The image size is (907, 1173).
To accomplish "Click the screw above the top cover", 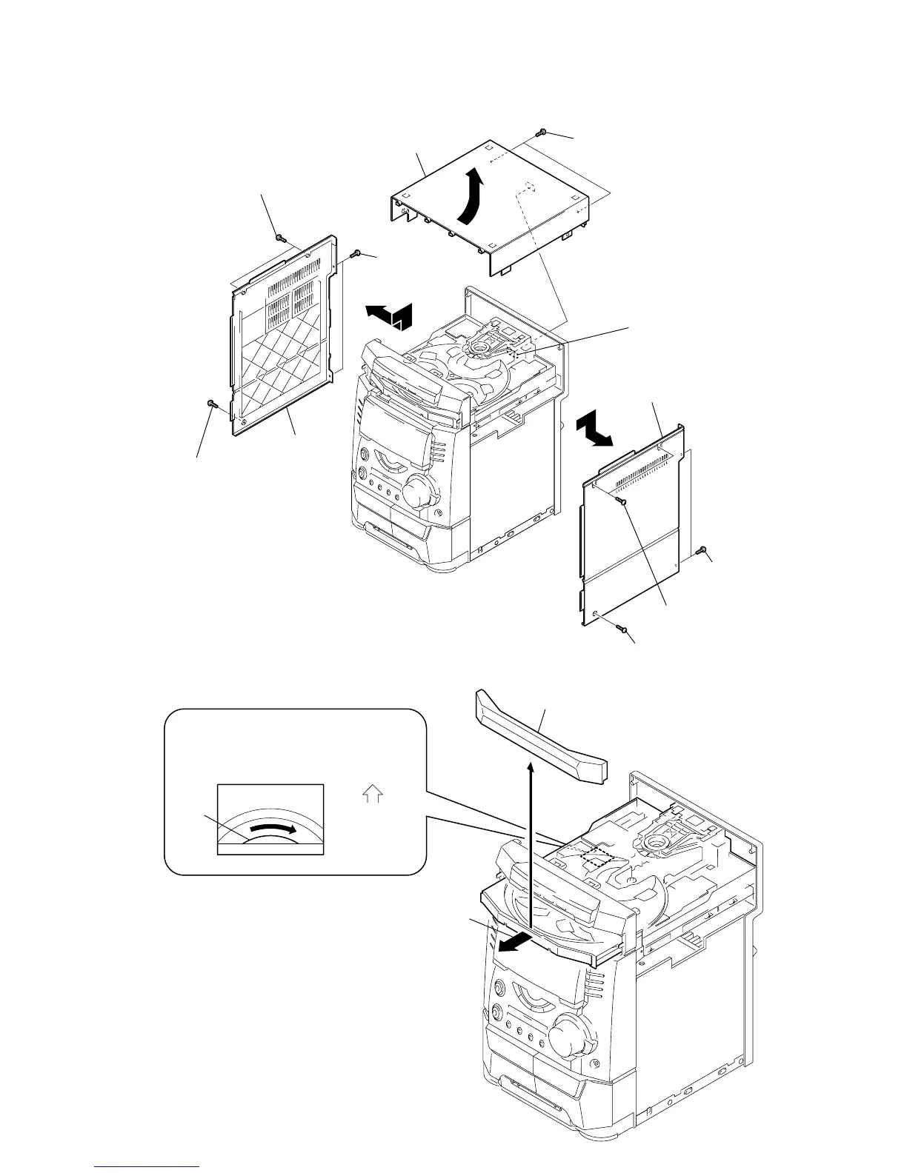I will (x=542, y=133).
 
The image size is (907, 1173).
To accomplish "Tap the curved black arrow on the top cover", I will (x=471, y=193).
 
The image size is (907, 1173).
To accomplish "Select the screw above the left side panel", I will (x=279, y=238).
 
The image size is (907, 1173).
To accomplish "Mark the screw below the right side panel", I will (x=624, y=629).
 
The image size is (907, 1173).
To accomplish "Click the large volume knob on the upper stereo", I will (x=419, y=490).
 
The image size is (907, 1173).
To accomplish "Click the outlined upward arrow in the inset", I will (x=373, y=795).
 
